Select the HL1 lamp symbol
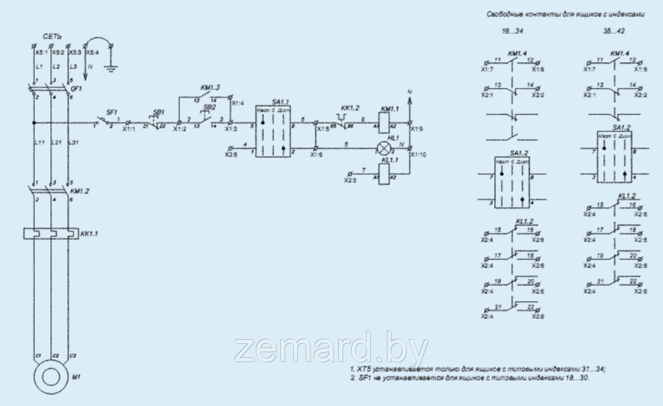point(383,149)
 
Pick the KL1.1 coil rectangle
point(383,176)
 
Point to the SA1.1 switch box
point(273,132)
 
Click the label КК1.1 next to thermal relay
point(89,234)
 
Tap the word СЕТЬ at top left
point(52,37)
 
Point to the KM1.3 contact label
point(210,88)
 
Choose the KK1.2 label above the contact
point(351,107)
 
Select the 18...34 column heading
point(509,31)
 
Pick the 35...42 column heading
point(615,31)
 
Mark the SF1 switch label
point(111,112)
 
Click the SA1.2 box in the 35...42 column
point(616,156)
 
